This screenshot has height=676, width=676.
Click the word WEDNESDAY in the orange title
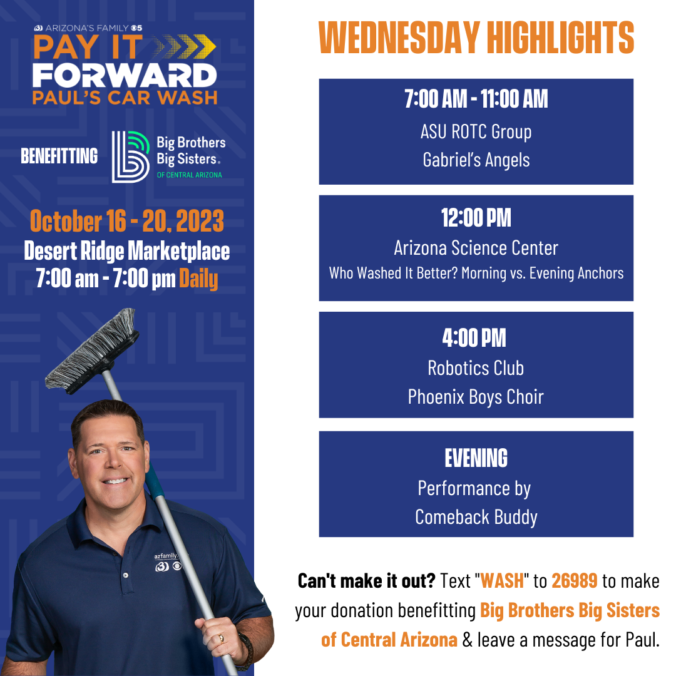[x=399, y=38]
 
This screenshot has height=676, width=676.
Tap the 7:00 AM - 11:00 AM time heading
[x=476, y=99]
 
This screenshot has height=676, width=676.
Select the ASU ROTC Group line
[x=476, y=132]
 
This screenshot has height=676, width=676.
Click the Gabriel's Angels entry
[x=476, y=160]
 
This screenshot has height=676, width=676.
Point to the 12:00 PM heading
[x=476, y=218]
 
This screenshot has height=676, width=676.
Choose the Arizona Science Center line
[x=476, y=248]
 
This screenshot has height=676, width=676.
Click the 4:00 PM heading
[x=474, y=337]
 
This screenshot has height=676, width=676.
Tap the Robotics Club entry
[x=476, y=368]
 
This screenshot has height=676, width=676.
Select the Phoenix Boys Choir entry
[x=476, y=397]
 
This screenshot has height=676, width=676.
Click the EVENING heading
[x=476, y=458]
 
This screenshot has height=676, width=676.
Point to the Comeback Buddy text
[x=476, y=518]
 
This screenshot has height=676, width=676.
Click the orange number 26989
[x=574, y=581]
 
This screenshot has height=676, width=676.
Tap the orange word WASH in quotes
[x=502, y=581]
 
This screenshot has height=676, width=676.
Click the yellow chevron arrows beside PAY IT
[x=184, y=46]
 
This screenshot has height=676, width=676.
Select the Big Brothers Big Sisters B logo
[x=131, y=157]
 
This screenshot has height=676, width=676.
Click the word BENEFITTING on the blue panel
[x=59, y=156]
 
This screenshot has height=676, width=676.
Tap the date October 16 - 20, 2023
[x=126, y=221]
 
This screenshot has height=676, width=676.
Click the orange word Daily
[x=198, y=279]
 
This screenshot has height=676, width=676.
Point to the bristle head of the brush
[x=92, y=351]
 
